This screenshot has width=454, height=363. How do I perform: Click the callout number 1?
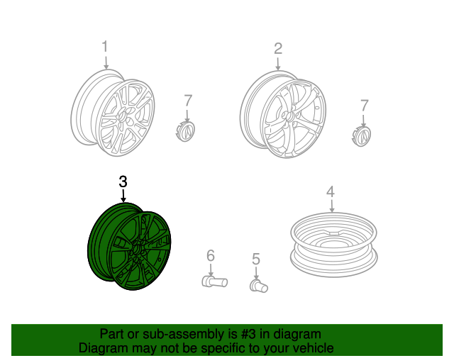coord(104,47)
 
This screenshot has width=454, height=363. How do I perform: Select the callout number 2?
coord(278,49)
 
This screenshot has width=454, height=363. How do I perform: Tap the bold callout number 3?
coord(123,181)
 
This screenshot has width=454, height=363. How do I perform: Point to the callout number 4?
coord(331,191)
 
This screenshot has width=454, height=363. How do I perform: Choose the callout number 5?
coord(256,259)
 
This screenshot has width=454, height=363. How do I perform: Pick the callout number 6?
coord(211,256)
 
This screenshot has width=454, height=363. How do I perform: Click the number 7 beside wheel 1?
coord(188,101)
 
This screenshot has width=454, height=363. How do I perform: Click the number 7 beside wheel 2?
coord(364,106)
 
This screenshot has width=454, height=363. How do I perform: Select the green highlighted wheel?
coord(129,246)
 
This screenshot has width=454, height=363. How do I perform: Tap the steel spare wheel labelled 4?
coord(334,245)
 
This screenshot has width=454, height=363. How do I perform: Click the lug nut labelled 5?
coord(258,286)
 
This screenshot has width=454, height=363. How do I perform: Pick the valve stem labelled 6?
coord(214,281)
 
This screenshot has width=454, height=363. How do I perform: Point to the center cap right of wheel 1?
coord(185,132)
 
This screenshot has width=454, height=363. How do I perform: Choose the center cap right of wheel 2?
coord(362,136)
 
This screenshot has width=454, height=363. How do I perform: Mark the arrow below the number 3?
coord(123,196)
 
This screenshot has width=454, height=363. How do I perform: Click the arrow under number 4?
coord(332,206)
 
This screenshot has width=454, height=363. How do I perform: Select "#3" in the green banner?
coord(248,334)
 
